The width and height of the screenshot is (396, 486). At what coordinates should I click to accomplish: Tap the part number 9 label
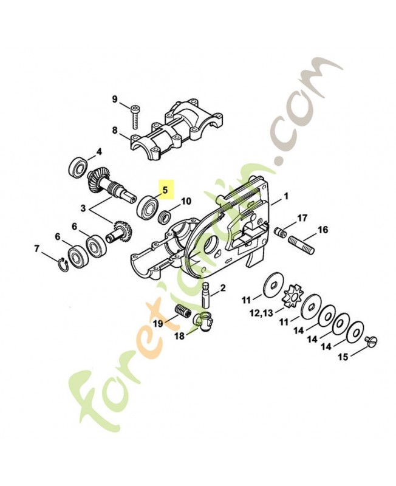click(x=114, y=100)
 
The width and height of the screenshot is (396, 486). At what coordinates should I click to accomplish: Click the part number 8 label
click(x=114, y=129)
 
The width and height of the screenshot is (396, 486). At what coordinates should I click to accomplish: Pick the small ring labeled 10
click(x=164, y=217)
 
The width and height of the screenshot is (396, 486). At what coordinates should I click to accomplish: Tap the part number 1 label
click(x=286, y=197)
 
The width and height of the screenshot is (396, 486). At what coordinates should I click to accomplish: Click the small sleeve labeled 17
click(x=281, y=232)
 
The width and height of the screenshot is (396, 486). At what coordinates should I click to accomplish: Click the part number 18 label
click(x=178, y=336)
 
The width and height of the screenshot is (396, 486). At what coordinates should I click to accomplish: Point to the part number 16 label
click(x=323, y=230)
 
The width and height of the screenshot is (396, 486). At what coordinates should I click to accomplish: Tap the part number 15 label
click(x=343, y=357)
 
